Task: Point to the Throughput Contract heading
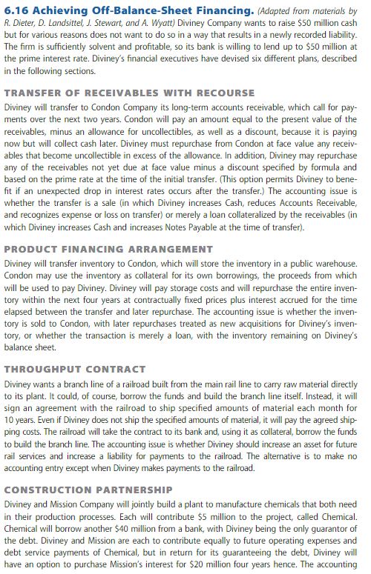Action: [x=74, y=369]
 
